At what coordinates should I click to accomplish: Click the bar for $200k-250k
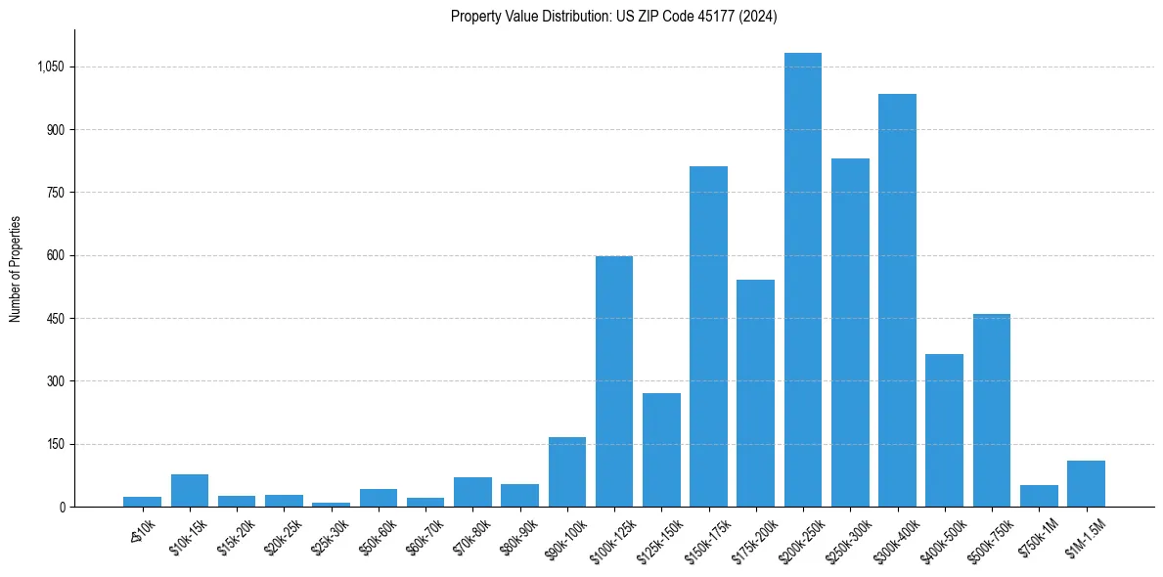click(803, 280)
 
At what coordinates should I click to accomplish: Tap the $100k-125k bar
click(614, 381)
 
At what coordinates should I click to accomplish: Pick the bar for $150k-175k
click(708, 336)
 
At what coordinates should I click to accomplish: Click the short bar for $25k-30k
click(331, 504)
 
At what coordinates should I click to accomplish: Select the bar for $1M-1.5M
click(1086, 483)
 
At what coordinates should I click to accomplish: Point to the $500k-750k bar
click(992, 410)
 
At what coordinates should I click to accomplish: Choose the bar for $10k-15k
click(190, 490)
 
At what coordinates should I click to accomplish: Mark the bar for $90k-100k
click(567, 471)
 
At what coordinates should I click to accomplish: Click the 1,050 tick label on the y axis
click(50, 67)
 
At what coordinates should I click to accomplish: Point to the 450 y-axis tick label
click(55, 319)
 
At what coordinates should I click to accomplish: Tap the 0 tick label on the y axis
click(62, 507)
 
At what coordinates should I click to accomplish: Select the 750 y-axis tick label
click(55, 193)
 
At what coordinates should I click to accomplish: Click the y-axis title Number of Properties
click(16, 269)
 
